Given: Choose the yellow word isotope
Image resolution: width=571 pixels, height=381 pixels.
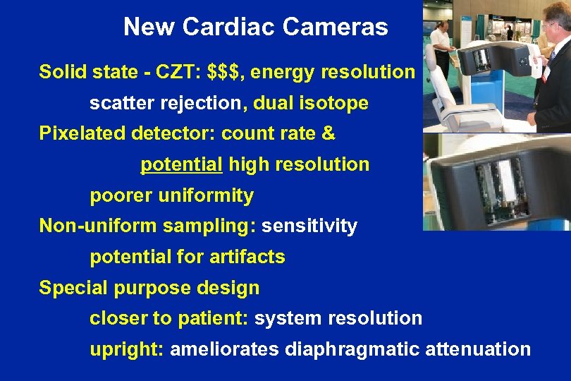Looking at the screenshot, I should [340, 104].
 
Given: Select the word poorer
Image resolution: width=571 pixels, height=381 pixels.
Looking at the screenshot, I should [119, 195].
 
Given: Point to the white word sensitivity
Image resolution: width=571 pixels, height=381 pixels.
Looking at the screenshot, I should [309, 226].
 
